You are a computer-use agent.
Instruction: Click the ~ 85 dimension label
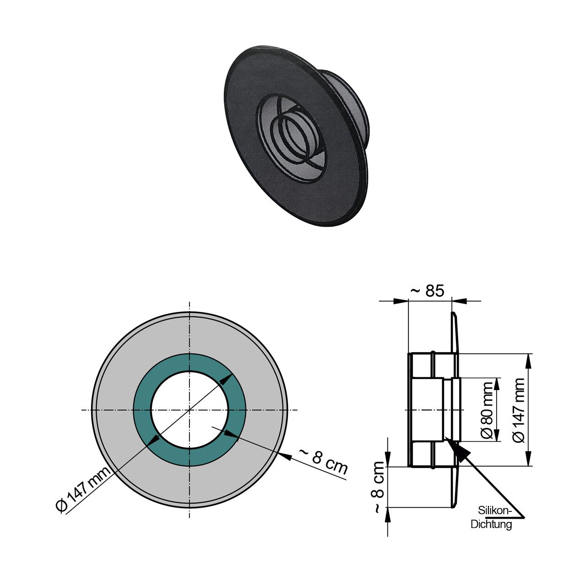coord(427,291)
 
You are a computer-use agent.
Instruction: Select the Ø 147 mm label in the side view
coord(519,410)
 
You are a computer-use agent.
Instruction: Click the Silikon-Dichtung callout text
coord(492,517)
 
